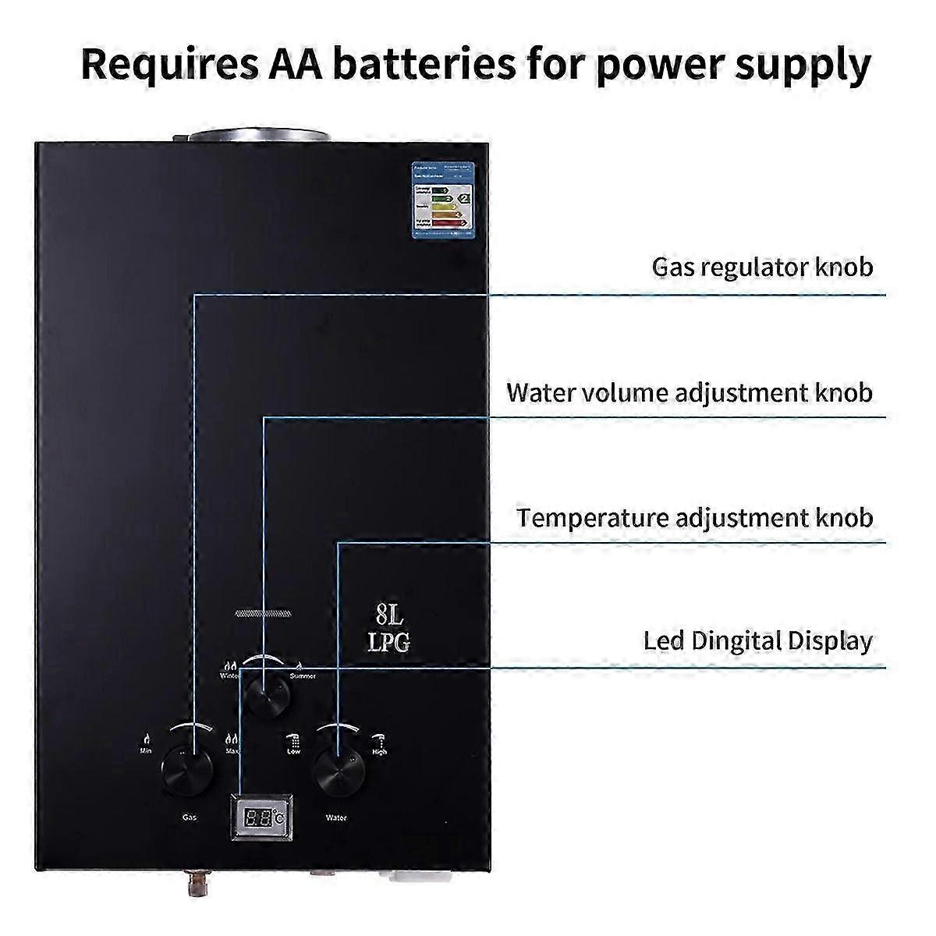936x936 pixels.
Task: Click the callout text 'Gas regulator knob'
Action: point(762,267)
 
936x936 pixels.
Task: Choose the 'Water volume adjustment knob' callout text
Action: point(690,392)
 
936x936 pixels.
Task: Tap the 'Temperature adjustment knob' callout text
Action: point(694,517)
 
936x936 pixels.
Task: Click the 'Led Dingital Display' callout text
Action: point(757,641)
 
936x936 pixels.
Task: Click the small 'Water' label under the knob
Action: point(336,818)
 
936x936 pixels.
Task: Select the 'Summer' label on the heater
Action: point(303,675)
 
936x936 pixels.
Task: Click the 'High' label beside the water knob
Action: point(379,752)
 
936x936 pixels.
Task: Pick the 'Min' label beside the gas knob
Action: point(146,751)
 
